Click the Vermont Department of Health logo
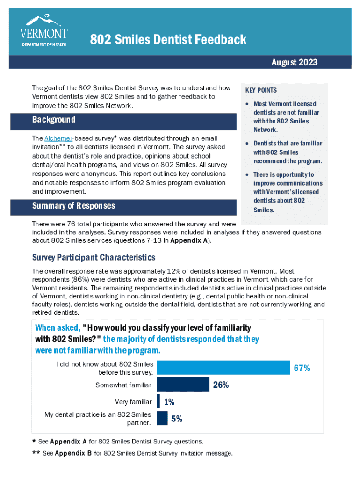(44, 30)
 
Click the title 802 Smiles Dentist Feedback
(168, 40)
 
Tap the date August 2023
(294, 62)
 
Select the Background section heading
(54, 120)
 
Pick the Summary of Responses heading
(73, 206)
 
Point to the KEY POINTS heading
(261, 90)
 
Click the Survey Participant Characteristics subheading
(94, 258)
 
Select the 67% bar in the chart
(223, 368)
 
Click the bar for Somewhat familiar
(183, 385)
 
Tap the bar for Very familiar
(158, 401)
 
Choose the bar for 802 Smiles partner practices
(162, 418)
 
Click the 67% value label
(302, 368)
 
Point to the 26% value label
(221, 385)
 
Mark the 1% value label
(169, 402)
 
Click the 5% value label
(177, 419)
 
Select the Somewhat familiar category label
(123, 385)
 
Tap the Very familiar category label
(133, 402)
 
